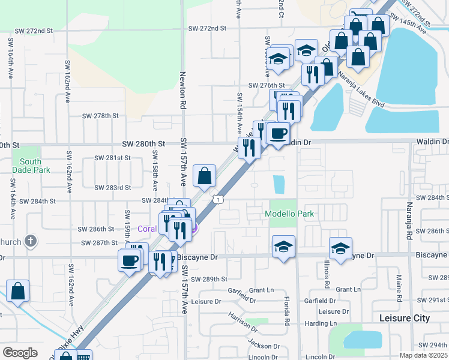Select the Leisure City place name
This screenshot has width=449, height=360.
pyautogui.click(x=405, y=318)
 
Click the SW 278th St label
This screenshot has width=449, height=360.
pyautogui.click(x=100, y=115)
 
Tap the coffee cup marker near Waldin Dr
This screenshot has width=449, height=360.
pyautogui.click(x=279, y=133)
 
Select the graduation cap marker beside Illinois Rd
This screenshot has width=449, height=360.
pyautogui.click(x=340, y=248)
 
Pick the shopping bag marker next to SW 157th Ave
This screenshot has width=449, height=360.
pyautogui.click(x=204, y=176)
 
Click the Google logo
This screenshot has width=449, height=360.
pyautogui.click(x=20, y=353)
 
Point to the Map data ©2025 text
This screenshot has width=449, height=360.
pyautogui.click(x=424, y=355)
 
